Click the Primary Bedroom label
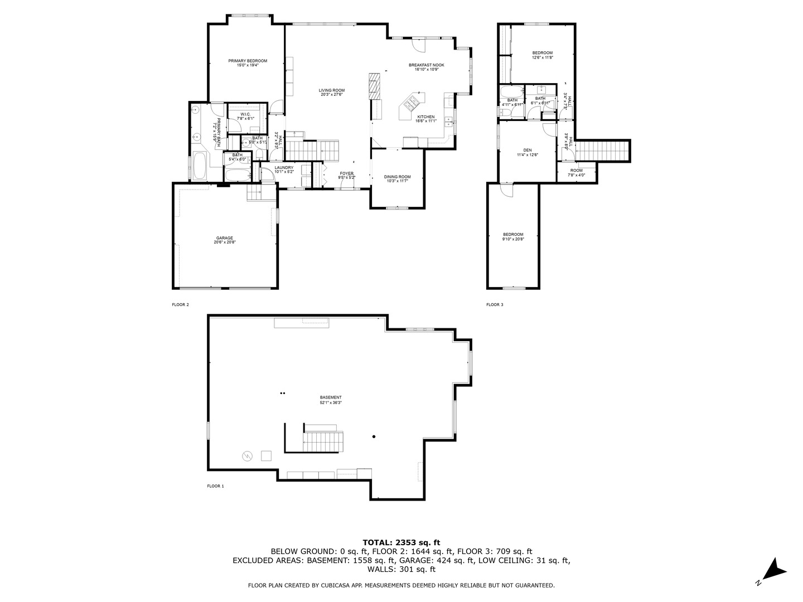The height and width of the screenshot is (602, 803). [x=248, y=61]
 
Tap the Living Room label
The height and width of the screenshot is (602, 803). [x=332, y=90]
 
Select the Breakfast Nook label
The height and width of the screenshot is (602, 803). [x=426, y=65]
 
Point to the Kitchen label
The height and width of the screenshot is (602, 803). [x=425, y=117]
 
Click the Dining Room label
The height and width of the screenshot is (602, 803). [x=397, y=177]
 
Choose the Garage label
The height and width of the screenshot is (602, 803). [x=225, y=238]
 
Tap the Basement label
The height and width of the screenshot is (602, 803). [x=331, y=397]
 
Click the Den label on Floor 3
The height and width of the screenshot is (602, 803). [x=527, y=150]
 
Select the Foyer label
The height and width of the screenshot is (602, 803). [x=347, y=173]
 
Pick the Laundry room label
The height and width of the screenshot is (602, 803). [x=284, y=167]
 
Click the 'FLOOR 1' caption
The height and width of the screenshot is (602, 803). [x=215, y=486]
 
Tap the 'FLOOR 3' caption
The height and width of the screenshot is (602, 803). [x=495, y=305]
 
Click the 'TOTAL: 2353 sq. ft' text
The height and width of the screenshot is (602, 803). [x=401, y=542]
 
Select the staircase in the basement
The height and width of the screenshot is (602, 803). [x=323, y=441]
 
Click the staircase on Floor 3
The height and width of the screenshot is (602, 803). [x=602, y=150]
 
